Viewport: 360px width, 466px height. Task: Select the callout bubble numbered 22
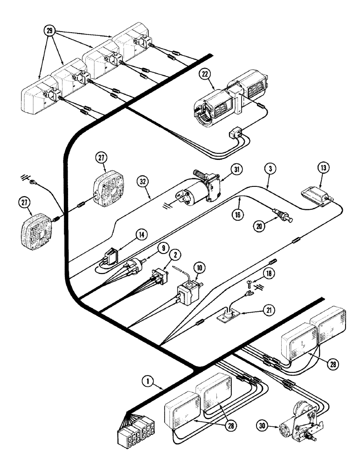pos(206,74)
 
